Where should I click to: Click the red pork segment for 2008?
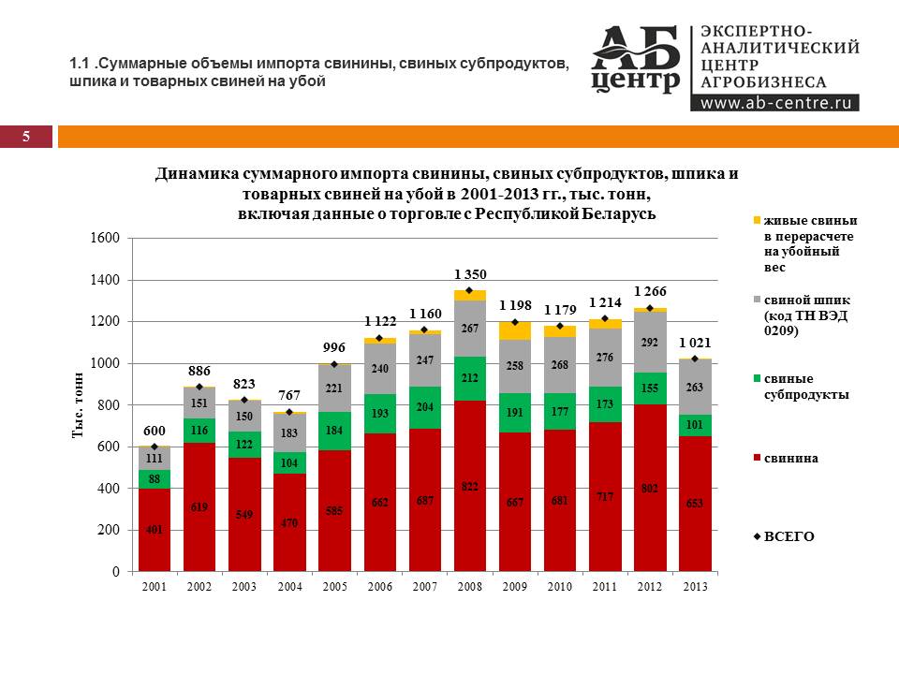coord(469,486)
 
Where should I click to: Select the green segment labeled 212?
coord(469,378)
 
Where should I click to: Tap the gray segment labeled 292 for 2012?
coord(649,342)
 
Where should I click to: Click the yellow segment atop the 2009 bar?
coord(514,330)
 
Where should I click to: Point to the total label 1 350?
coord(470,274)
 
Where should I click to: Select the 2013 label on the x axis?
coord(694,587)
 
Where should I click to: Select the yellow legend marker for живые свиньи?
coord(757,221)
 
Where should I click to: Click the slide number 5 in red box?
coord(26,137)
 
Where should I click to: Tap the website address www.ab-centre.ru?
coord(774,103)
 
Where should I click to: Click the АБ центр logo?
coord(637,59)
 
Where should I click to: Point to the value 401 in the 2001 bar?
coord(155,529)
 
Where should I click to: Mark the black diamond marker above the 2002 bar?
coord(199,387)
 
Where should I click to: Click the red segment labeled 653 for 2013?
coord(694,504)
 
